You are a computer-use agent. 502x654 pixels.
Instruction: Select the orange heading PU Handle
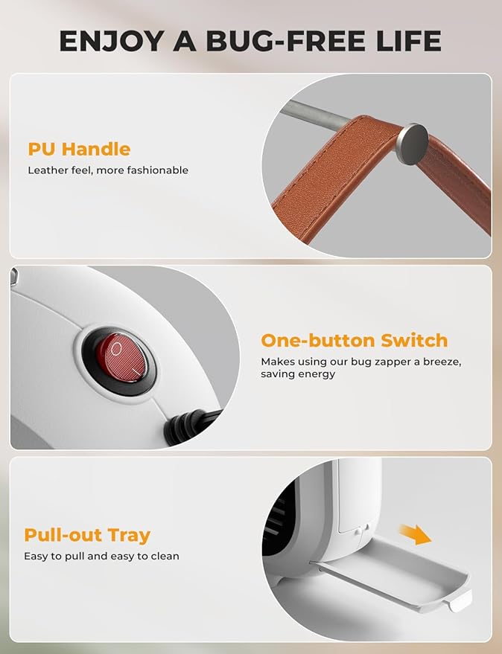point(79,150)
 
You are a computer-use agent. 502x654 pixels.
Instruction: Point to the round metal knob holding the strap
point(412,144)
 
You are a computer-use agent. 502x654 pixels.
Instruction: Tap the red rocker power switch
point(121,357)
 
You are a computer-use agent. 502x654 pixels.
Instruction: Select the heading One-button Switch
point(355,340)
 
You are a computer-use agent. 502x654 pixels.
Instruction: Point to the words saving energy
point(298,374)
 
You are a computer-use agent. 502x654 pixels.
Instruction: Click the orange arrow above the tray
point(415,534)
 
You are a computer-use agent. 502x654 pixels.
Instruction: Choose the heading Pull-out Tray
point(87,535)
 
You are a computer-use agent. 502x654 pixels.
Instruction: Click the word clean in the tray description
point(165,556)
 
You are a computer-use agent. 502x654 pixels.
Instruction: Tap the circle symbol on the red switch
point(116,347)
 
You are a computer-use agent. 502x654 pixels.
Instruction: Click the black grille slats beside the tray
point(278,517)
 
